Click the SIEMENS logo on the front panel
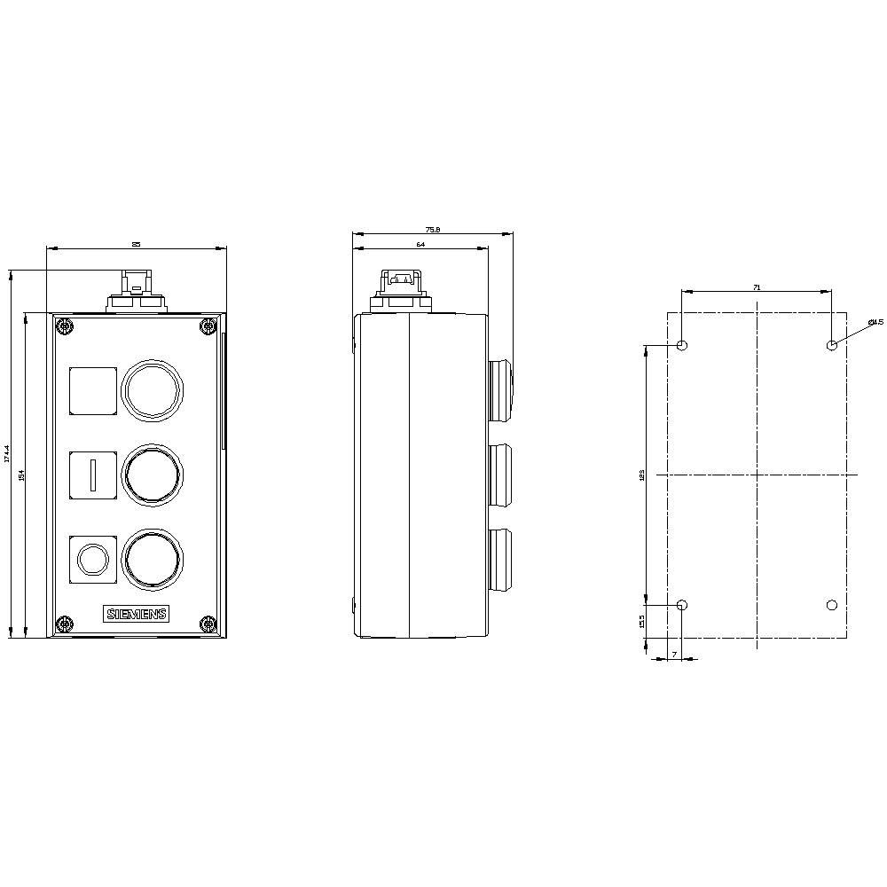pos(137,615)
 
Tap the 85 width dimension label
pos(136,244)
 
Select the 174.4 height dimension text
pos(7,455)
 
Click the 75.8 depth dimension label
pos(433,230)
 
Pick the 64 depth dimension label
pos(420,244)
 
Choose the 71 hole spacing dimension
pos(756,287)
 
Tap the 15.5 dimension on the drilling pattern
pos(642,622)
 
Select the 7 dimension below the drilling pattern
pos(674,655)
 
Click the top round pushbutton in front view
pos(153,389)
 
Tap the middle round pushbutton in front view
pos(153,475)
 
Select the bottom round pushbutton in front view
pos(153,559)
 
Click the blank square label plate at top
pos(93,390)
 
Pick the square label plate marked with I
pos(93,475)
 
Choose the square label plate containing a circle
pos(93,559)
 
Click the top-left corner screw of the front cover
pos(65,326)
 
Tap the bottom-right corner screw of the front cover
pos(208,624)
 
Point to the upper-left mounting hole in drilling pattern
pos(681,345)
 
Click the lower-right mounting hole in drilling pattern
pos(831,605)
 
